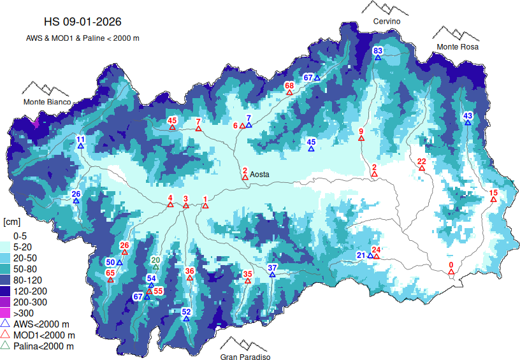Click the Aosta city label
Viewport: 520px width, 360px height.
[x=260, y=174]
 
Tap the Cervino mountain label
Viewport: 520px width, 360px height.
[x=387, y=22]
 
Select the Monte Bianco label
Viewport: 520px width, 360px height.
[x=47, y=102]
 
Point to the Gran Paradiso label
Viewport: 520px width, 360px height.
[x=245, y=357]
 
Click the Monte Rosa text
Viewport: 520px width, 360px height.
[x=457, y=47]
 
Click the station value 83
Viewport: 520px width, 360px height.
[x=378, y=50]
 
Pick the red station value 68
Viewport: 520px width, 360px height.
[x=289, y=85]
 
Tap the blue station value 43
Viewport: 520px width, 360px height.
[x=468, y=115]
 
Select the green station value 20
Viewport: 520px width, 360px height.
[x=155, y=259]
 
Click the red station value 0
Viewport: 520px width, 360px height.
[x=451, y=264]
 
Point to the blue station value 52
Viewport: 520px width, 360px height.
[x=186, y=312]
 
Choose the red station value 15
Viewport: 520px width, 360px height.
[x=493, y=192]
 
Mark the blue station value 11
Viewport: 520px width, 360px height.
[x=80, y=139]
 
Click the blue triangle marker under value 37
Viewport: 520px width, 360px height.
[x=272, y=275]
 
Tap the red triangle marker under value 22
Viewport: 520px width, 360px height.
[x=421, y=169]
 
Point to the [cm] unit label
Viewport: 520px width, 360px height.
[x=11, y=222]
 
